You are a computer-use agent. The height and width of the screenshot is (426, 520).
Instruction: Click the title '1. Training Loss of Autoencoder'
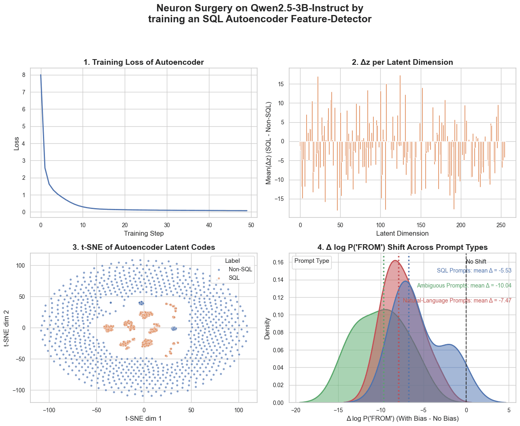[143, 62]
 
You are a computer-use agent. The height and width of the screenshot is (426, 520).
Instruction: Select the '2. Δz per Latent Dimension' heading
[402, 62]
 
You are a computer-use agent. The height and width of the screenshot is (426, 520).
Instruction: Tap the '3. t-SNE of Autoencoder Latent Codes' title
[143, 247]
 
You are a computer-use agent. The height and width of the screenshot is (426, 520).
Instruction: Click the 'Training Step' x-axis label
[143, 233]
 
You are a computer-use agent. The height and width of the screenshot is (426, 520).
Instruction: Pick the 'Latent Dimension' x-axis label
[402, 233]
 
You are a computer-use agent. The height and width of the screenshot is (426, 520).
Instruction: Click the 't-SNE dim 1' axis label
[143, 418]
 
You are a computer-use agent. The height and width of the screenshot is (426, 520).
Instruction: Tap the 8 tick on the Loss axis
[24, 75]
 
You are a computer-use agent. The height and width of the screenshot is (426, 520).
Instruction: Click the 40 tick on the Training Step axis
[209, 225]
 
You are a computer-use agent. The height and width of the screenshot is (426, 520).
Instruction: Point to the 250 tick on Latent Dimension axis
[501, 225]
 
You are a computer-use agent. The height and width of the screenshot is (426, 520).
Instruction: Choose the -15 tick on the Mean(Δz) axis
[280, 199]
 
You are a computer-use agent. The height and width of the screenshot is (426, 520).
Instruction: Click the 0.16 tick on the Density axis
[278, 262]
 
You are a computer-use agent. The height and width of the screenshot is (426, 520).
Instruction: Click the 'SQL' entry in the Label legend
[234, 278]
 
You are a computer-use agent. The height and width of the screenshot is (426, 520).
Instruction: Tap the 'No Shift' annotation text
[476, 262]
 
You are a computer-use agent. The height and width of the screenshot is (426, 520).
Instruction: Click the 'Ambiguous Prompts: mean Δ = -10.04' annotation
[464, 285]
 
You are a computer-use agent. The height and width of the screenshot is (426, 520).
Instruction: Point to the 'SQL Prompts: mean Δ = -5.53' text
[474, 271]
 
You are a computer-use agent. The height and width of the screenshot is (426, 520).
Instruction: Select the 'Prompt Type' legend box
[311, 261]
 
